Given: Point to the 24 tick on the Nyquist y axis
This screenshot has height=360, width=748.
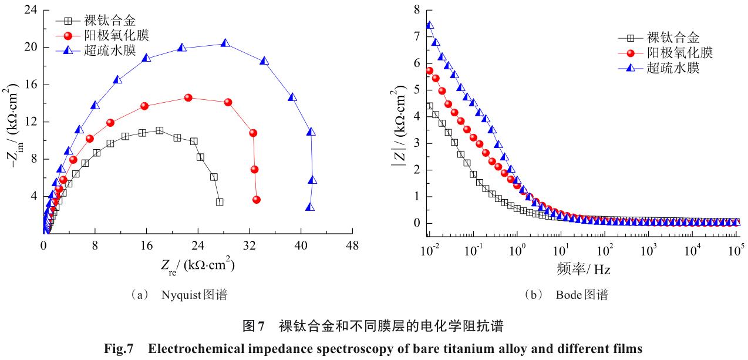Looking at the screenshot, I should [x=31, y=10].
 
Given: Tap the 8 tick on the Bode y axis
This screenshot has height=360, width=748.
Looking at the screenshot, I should [x=417, y=10].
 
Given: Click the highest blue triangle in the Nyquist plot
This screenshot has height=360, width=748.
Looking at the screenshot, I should [x=225, y=43].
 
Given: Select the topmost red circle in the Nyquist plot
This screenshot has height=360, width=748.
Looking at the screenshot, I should [x=188, y=97].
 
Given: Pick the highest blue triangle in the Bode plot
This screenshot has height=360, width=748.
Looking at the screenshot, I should [x=430, y=25].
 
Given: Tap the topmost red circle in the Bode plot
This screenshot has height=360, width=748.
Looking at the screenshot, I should [x=429, y=70].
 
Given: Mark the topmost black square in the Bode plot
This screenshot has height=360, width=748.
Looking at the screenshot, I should [x=429, y=106].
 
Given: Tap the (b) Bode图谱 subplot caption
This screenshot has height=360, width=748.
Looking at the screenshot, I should [x=566, y=295].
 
